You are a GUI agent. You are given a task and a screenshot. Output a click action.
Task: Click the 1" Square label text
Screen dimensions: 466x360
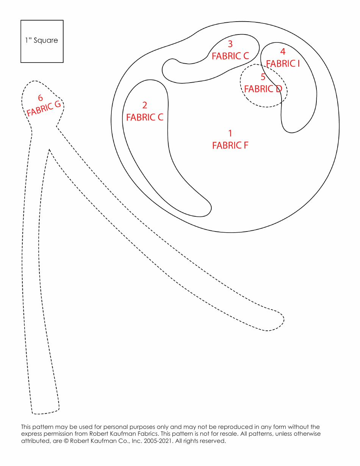(42, 40)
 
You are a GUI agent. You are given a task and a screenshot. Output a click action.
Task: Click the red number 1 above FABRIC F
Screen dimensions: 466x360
(230, 133)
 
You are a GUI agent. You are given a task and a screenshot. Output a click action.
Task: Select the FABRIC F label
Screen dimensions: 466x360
(230, 145)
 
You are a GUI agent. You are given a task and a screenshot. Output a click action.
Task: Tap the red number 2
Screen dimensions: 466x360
(144, 105)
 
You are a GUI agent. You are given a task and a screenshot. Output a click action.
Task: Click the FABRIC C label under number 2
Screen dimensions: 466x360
(144, 117)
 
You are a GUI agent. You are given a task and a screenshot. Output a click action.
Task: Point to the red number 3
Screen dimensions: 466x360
(230, 44)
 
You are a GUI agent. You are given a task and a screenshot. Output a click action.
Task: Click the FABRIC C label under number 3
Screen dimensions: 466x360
(230, 56)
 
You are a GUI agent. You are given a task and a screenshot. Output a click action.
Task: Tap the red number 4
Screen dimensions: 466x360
(283, 51)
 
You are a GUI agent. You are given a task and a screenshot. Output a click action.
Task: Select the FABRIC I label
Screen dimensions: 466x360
(283, 64)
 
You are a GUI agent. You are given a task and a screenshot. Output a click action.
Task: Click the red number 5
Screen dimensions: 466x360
(263, 77)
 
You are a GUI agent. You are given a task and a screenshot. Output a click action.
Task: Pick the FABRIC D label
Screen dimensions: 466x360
(263, 89)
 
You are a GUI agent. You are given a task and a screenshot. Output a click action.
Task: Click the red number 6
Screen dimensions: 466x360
(40, 98)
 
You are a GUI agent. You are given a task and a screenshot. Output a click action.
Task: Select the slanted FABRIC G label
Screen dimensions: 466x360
(44, 109)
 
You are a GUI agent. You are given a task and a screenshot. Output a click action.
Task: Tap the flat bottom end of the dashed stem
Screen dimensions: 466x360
(45, 412)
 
